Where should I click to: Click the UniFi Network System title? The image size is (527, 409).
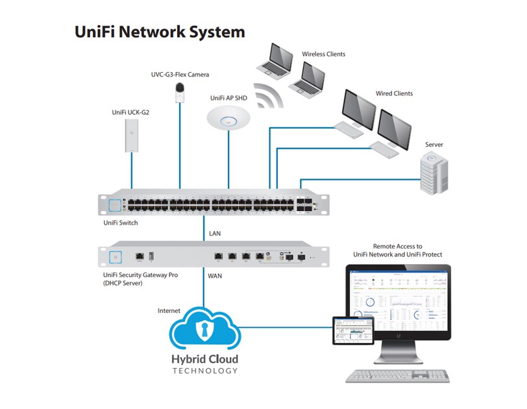160,31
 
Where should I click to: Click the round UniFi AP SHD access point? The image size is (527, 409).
228,119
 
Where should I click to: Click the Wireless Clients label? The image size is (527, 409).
323,54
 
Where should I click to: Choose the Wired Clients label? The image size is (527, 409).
394,93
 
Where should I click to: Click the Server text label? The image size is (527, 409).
434,144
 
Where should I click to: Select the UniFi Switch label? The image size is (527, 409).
121,223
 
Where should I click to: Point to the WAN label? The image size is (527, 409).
215,275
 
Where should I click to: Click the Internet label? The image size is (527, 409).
169,311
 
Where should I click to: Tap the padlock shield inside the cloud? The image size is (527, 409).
204,330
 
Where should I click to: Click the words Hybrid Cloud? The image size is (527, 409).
204,359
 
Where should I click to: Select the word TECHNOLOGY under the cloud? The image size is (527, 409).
204,371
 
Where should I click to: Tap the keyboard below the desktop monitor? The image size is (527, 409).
397,376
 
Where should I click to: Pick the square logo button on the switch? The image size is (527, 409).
115,205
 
